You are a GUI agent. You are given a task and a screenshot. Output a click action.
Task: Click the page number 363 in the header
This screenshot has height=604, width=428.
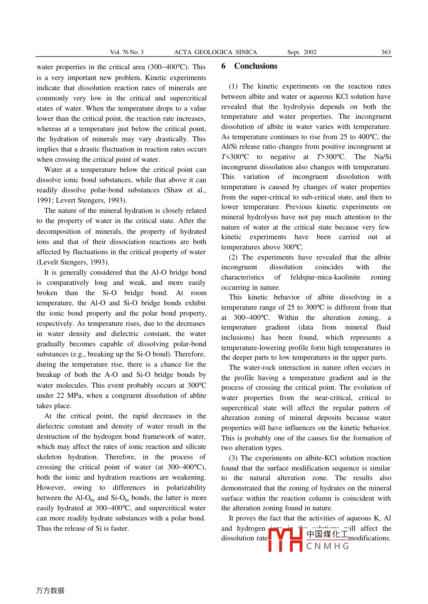coord(386,52)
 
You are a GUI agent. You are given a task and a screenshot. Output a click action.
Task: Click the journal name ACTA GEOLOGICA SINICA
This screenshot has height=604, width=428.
coord(215,52)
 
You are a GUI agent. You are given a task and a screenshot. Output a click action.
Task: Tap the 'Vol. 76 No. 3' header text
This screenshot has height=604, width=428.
coord(126,52)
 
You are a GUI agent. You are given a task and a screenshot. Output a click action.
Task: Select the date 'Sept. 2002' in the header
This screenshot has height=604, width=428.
coord(302,52)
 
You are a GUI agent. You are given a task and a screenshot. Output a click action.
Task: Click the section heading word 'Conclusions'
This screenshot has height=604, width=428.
coord(256,66)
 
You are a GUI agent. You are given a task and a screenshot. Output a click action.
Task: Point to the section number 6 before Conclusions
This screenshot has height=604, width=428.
coord(223,66)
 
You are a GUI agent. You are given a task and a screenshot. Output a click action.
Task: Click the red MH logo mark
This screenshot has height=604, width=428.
coord(285,540)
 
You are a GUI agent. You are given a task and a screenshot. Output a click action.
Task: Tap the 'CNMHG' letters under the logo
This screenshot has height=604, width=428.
coord(327,546)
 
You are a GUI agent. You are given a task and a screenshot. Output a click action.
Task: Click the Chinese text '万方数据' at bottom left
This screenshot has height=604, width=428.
coord(50,590)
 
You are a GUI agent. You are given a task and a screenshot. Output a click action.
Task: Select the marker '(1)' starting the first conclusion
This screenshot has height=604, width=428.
coord(233,86)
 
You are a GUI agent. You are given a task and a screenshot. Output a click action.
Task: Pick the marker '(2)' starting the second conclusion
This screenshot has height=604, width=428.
coord(233,257)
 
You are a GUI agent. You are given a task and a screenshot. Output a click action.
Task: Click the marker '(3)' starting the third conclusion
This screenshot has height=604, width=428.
coord(233,458)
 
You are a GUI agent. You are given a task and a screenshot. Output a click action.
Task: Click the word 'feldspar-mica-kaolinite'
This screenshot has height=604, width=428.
coord(325,277)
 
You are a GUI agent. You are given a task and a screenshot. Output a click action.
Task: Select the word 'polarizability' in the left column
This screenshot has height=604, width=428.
coord(186,488)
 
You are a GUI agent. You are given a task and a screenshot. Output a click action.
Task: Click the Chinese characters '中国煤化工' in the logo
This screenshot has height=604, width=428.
coord(327,534)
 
